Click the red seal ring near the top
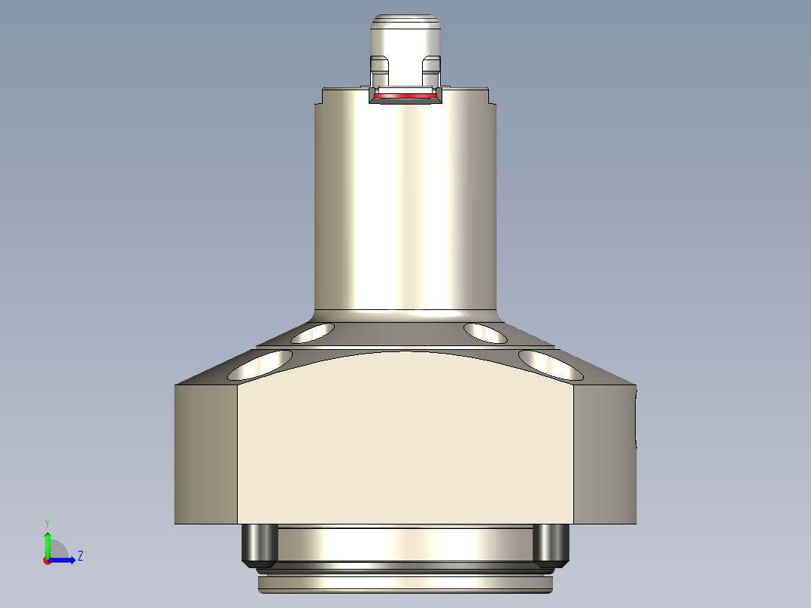(406, 96)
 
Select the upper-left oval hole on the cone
(313, 332)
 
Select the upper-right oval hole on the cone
(485, 332)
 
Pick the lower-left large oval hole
(262, 364)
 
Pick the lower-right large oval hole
(551, 364)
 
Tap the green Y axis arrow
(47, 542)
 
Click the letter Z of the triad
(80, 556)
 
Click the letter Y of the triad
(47, 522)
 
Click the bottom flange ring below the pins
(406, 582)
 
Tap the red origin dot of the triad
(47, 560)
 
